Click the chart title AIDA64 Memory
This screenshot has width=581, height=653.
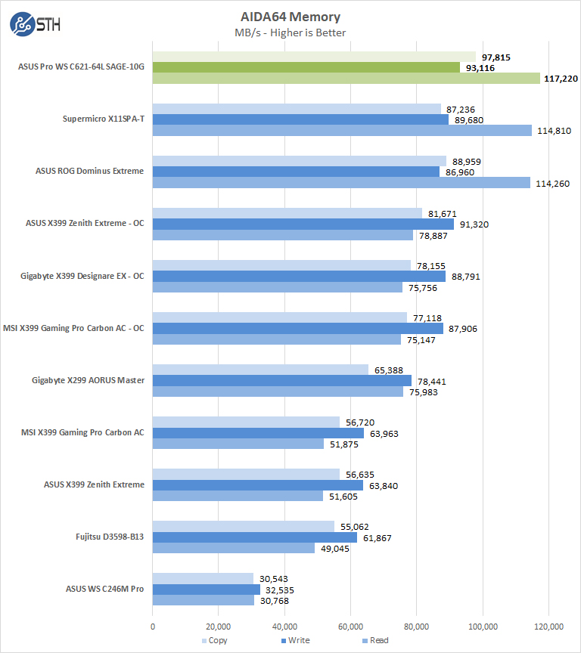[290, 17]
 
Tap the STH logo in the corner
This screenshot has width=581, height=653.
[35, 24]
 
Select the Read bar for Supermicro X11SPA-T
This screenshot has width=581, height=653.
[342, 130]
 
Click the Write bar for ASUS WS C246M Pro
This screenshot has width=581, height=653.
[207, 590]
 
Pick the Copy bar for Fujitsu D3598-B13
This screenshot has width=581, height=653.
[244, 526]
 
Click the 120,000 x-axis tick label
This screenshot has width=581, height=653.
[548, 626]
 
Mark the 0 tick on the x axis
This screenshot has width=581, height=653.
[153, 626]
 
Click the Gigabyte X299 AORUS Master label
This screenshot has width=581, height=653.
[88, 380]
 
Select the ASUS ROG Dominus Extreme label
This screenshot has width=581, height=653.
[89, 171]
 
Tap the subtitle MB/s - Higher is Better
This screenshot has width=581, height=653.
[290, 32]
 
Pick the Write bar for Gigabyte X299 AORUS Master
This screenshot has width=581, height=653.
[282, 380]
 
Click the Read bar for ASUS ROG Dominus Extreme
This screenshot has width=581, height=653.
[341, 182]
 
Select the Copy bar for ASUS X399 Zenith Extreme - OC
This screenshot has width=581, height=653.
[287, 213]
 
